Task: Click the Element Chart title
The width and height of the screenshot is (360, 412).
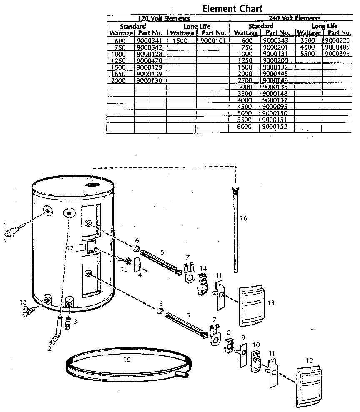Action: (x=232, y=8)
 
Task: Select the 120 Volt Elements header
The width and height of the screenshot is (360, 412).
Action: (x=164, y=18)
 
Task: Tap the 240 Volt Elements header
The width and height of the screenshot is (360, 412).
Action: (x=295, y=18)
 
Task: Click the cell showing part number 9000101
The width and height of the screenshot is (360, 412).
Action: (x=212, y=41)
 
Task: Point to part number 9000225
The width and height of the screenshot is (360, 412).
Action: (x=337, y=41)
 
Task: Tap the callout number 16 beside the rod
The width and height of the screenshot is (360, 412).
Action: (x=244, y=218)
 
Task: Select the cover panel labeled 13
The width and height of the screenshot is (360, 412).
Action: (x=252, y=306)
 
